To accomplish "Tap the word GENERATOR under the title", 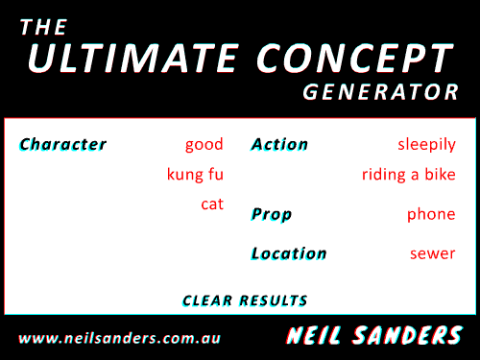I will (381, 93).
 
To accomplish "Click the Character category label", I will (62, 145).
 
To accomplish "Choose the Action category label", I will (279, 145).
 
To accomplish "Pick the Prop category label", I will (272, 214).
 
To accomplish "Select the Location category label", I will (289, 254).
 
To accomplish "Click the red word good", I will (204, 145).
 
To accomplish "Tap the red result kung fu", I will (195, 175).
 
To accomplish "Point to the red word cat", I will (212, 204).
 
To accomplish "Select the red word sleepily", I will (426, 145).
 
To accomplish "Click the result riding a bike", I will (408, 175).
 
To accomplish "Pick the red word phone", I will (431, 214).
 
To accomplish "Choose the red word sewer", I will (433, 254).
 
